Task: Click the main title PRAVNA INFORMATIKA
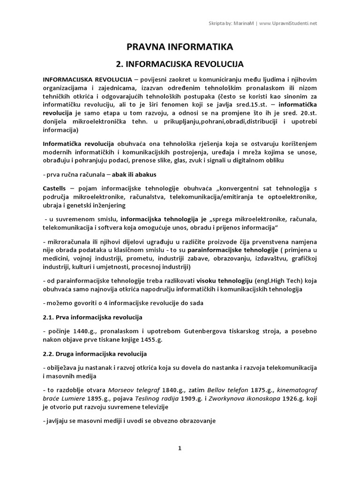click(x=180, y=46)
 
